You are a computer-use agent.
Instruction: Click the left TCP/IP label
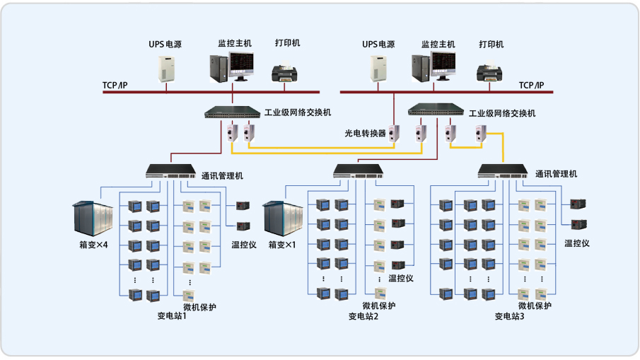point(115,86)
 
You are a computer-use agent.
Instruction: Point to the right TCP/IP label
point(532,86)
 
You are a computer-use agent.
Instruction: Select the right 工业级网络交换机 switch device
point(436,110)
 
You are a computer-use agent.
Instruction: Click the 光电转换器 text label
point(365,132)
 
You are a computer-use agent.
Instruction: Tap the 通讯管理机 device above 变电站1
point(170,170)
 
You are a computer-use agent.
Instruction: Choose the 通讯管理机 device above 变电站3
point(504,170)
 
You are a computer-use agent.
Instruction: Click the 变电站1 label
point(172,316)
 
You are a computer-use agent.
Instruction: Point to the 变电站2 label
point(363,316)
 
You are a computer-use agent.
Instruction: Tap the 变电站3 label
point(509,316)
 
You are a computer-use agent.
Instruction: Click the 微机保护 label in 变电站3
point(535,306)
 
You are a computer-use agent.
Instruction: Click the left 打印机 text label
point(287,43)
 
